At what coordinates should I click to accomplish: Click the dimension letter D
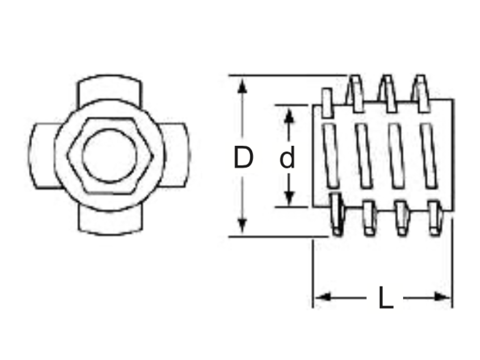[x=243, y=157]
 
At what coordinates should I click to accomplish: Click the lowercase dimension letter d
[x=287, y=157]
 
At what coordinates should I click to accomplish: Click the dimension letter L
[x=385, y=298]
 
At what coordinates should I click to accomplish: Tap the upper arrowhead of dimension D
[x=242, y=85]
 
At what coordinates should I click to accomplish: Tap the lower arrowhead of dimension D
[x=242, y=226]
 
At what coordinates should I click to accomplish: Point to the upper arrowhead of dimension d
[x=289, y=116]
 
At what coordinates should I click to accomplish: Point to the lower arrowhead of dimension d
[x=289, y=198]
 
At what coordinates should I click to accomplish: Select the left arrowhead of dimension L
[x=323, y=297]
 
